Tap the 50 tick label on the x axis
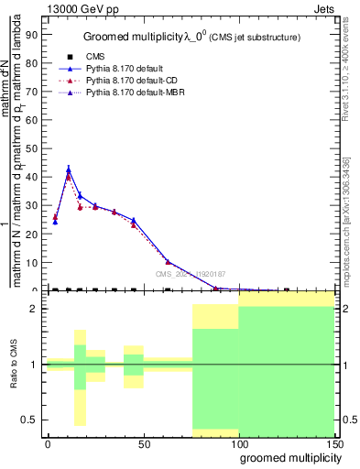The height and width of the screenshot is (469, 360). (144, 444)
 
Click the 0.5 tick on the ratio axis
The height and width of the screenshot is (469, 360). (31, 420)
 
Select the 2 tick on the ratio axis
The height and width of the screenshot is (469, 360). (35, 309)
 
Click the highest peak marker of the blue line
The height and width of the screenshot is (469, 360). (69, 169)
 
